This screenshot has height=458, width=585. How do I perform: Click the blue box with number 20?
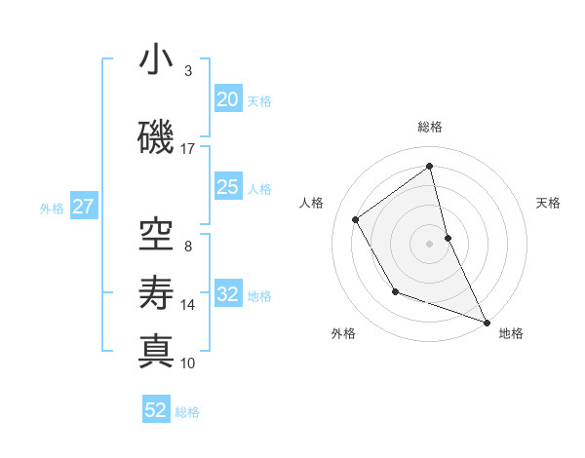click(x=227, y=99)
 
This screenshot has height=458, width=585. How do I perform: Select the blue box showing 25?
click(x=227, y=187)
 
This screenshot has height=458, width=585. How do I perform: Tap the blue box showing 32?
click(x=227, y=295)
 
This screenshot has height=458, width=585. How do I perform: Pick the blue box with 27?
click(x=83, y=207)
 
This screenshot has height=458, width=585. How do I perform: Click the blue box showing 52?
click(x=156, y=410)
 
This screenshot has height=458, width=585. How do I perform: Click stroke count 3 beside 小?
click(x=187, y=71)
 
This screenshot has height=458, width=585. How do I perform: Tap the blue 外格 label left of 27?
click(x=52, y=208)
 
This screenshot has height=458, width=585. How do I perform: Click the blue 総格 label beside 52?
click(x=187, y=411)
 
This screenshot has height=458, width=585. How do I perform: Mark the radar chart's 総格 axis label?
click(x=430, y=127)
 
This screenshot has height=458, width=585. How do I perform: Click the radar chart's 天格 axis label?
click(x=548, y=203)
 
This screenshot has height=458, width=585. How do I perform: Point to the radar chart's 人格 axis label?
click(x=312, y=203)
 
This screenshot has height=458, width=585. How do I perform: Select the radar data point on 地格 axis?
click(x=487, y=322)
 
